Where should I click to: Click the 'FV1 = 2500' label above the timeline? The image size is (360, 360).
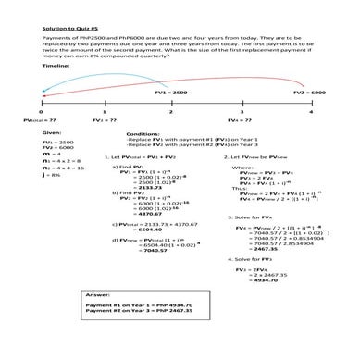pyautogui.click(x=172, y=93)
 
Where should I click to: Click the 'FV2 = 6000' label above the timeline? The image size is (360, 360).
pyautogui.click(x=309, y=93)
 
